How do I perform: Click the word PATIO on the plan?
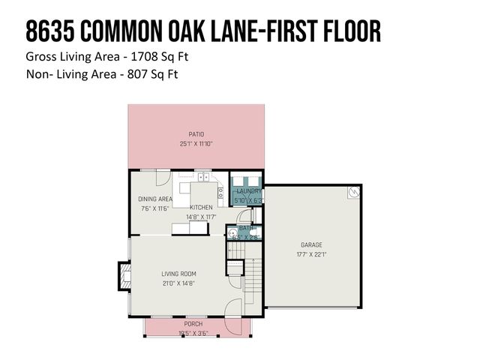click(196, 134)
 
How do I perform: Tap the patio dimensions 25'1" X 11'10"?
click(196, 143)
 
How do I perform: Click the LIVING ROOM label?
click(178, 274)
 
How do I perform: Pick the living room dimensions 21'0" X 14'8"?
click(178, 283)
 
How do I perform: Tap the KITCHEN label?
click(201, 207)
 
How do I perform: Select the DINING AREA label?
click(155, 199)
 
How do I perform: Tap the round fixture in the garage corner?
click(353, 193)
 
